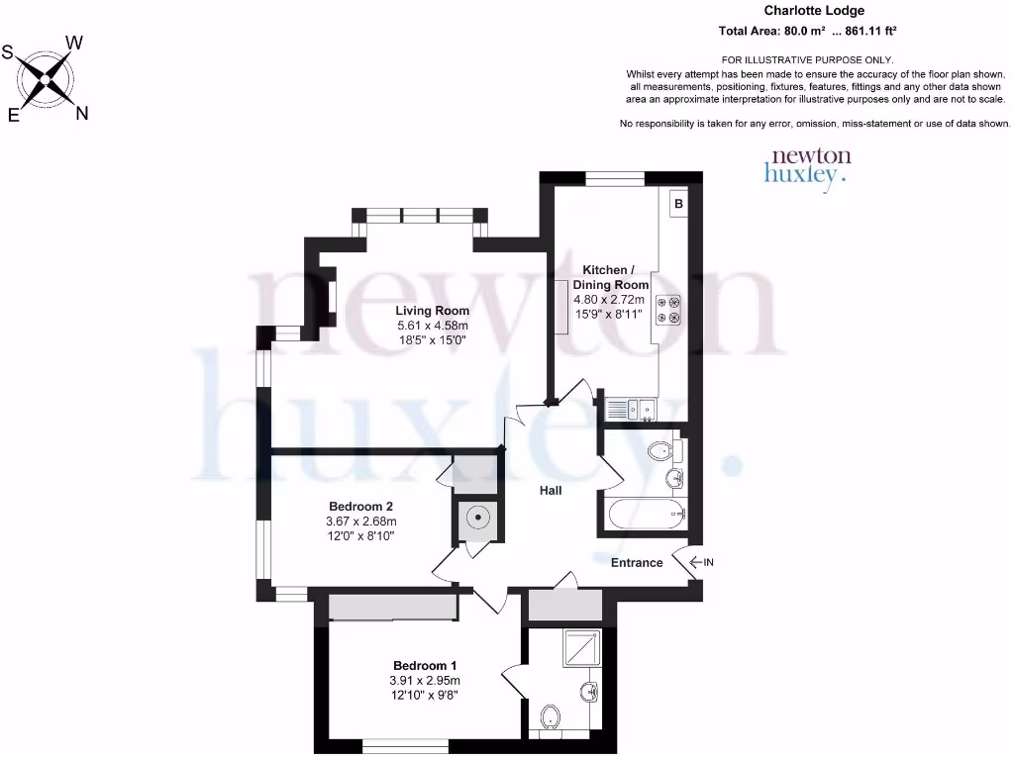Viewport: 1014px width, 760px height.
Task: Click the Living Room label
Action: coord(433,311)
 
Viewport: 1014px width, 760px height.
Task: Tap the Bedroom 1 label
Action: coord(424,665)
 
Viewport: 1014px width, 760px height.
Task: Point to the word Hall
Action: coord(551,490)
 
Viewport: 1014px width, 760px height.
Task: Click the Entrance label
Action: coord(636,563)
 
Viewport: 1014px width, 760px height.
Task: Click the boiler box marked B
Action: coord(678,205)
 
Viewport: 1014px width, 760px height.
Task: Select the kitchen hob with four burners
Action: coord(668,310)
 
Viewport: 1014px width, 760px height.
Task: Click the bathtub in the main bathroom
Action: coord(644,514)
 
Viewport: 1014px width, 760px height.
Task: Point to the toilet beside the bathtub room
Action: coord(661,452)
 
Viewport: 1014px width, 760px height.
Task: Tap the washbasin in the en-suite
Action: coord(590,691)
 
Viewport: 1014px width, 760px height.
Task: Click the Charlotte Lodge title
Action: coord(807,11)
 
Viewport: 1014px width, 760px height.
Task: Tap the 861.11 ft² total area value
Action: coord(870,31)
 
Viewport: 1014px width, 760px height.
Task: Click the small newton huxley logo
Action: coord(808,165)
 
